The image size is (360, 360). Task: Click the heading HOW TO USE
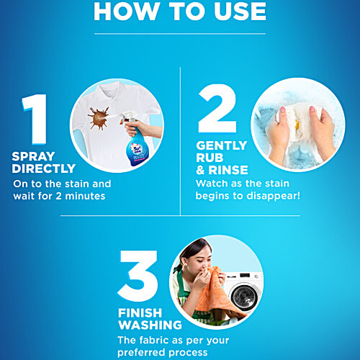point(179,12)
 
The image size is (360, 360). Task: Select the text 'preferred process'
point(163,353)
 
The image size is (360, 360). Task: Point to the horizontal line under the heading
point(179,32)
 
